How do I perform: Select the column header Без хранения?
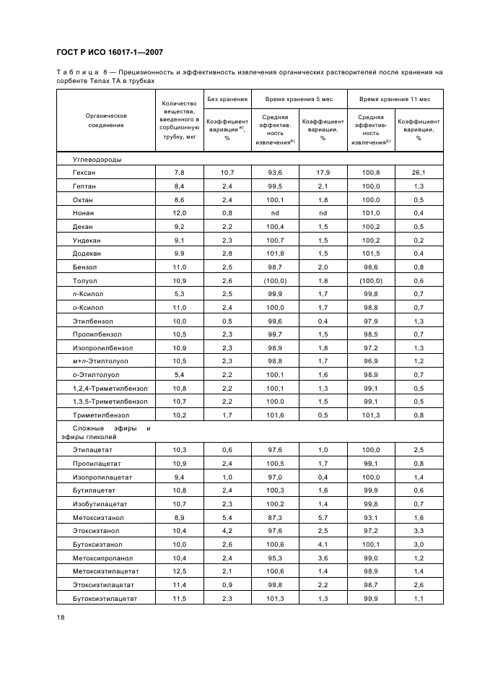click(x=227, y=98)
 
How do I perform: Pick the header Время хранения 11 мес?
click(x=395, y=98)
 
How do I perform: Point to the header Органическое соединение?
click(x=106, y=120)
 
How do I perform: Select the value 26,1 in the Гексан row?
click(x=419, y=173)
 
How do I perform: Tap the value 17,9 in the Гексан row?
click(x=323, y=173)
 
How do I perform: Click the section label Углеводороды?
click(x=97, y=159)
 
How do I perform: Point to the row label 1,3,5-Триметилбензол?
click(x=110, y=400)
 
